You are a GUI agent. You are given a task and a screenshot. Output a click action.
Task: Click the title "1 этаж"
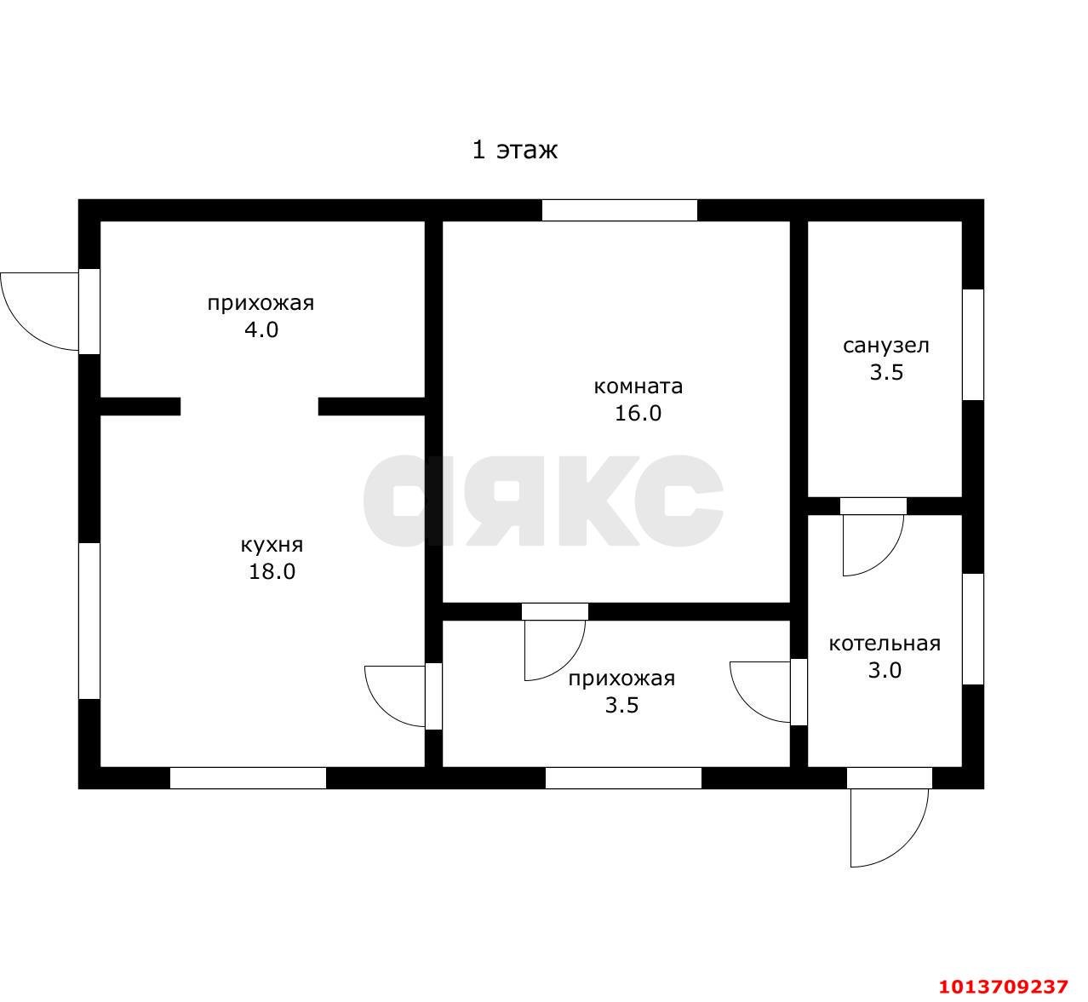point(514,150)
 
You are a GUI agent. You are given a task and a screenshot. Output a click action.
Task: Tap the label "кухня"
point(272,545)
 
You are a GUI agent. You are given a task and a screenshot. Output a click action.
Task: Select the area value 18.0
point(272,571)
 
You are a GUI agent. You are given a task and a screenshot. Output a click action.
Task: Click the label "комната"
point(638,386)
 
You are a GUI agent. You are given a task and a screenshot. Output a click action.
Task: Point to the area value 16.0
point(638,414)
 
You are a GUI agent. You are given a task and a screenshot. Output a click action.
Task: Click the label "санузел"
point(885,346)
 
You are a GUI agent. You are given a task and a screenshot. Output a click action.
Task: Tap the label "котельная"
point(885,644)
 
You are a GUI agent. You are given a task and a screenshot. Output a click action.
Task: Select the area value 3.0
point(885,671)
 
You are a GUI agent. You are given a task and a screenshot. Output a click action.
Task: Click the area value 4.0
point(261,329)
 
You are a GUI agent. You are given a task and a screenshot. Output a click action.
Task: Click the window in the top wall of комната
point(620,210)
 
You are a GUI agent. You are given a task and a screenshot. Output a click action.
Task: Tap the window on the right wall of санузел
point(973,345)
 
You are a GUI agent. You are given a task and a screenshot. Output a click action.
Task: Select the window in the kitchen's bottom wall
point(248,778)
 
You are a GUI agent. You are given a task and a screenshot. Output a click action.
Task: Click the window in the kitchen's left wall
point(89,621)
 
